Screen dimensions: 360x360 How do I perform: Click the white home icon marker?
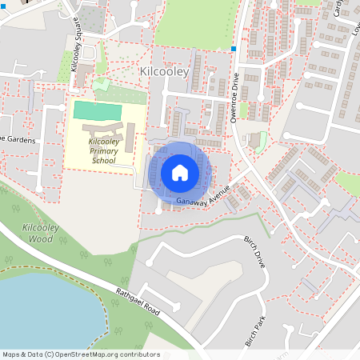[x=180, y=172]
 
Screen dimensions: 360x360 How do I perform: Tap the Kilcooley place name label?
[x=162, y=72]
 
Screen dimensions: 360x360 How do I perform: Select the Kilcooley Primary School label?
[x=103, y=150]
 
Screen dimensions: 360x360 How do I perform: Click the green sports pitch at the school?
[x=98, y=110]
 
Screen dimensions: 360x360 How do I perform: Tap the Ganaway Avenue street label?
[x=204, y=194]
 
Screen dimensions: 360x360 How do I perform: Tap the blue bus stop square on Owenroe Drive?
[x=233, y=49]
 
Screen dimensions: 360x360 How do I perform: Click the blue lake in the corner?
[x=40, y=316]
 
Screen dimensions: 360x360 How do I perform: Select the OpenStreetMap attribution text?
[x=81, y=354]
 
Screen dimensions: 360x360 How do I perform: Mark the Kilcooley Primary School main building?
[x=104, y=128]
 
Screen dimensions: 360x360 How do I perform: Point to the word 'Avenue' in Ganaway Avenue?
[x=217, y=190]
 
